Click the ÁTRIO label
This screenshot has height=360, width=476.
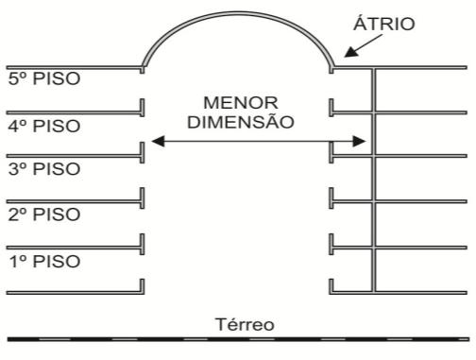coord(383,23)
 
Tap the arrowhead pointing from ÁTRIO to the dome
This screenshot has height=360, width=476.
coord(351,52)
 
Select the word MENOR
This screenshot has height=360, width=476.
coord(241,103)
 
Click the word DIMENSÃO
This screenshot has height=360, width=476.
coord(241,122)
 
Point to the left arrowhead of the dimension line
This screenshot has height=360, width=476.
coord(158,141)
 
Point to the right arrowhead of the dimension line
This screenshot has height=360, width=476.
coord(359,141)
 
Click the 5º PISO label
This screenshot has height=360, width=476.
coord(44,78)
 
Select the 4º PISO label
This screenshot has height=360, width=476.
coord(44,126)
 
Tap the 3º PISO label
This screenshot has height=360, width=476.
coord(44,169)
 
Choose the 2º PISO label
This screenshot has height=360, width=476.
coord(44,214)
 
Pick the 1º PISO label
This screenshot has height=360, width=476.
coord(44,262)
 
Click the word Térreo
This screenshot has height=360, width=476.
coord(245,324)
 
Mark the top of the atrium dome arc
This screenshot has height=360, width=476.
coord(238,13)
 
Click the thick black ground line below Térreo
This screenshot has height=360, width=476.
coord(238,339)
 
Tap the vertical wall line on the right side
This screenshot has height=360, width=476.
coord(374,180)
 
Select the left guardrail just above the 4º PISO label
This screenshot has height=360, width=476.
coord(143,108)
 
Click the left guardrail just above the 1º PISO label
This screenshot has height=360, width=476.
coord(143,244)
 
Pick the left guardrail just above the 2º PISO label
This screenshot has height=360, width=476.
coord(143,198)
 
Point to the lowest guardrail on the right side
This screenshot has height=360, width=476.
coord(331,286)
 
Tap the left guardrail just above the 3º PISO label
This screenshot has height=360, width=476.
coord(143,152)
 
